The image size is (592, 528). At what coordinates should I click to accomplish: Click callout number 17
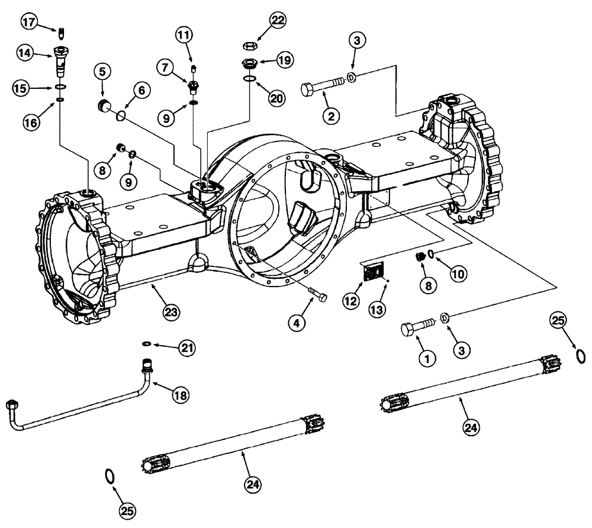point(28,22)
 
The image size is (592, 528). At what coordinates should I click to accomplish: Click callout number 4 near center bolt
point(298,323)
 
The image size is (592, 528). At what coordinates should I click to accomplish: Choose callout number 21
point(188,346)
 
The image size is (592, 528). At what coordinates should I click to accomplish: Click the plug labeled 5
point(105,106)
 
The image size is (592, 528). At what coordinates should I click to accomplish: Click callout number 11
point(184,35)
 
